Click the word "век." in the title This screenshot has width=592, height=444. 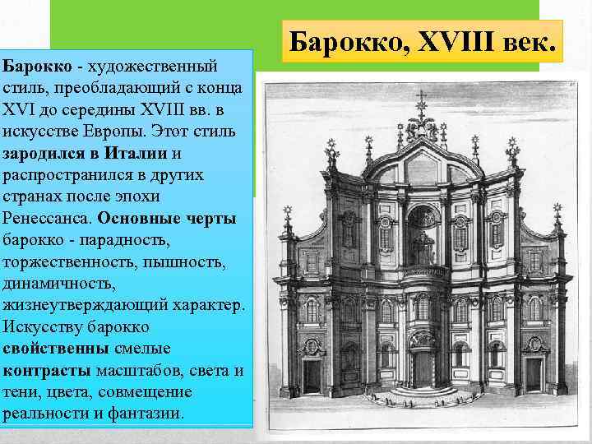(517, 38)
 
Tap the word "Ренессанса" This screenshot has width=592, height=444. (48, 220)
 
